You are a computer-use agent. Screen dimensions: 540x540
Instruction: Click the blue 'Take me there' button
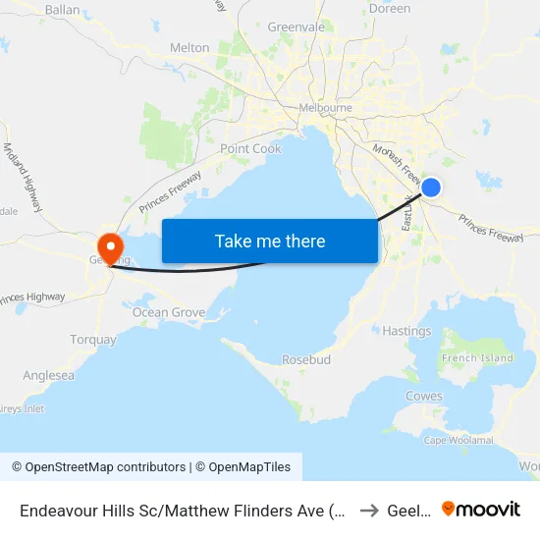click(270, 242)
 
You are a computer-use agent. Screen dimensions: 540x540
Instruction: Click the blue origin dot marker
click(430, 188)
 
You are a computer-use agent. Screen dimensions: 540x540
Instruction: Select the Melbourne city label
click(326, 108)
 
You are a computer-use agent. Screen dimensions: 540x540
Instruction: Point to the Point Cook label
click(250, 149)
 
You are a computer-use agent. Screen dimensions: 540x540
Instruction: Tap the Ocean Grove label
click(169, 313)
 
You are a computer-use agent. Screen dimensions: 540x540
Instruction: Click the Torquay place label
click(93, 340)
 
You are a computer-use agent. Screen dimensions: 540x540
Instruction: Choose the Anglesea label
click(48, 375)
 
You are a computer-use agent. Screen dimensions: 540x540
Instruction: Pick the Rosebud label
click(306, 359)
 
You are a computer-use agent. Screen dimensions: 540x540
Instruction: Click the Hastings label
click(406, 332)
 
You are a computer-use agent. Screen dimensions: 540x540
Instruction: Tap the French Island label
click(477, 358)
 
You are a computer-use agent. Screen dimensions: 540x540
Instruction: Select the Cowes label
click(424, 397)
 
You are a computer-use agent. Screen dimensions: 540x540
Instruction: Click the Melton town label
click(189, 47)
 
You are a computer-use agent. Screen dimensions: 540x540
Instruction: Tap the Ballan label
click(62, 10)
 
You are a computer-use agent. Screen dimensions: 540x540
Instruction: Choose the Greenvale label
click(297, 27)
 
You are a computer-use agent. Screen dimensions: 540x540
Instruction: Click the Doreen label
click(390, 9)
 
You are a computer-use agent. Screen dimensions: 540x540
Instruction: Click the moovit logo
click(481, 509)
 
